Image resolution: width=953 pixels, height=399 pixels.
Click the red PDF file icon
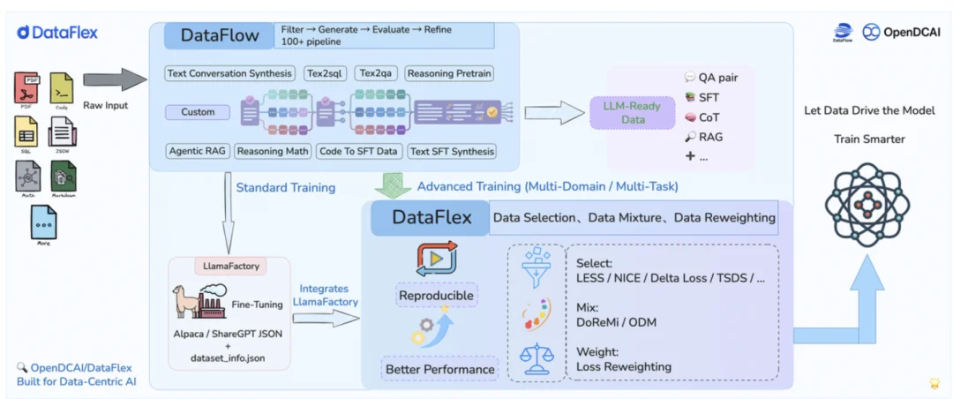pyautogui.click(x=27, y=88)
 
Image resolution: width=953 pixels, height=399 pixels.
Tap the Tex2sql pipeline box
pyautogui.click(x=326, y=73)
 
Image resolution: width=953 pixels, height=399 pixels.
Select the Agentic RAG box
pyautogui.click(x=198, y=151)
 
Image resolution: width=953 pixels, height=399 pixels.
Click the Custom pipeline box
pyautogui.click(x=198, y=112)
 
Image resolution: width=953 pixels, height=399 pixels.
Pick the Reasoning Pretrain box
pyautogui.click(x=449, y=73)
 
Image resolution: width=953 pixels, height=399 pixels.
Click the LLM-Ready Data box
pyautogui.click(x=632, y=113)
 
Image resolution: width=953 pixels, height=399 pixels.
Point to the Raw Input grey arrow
pyautogui.click(x=115, y=80)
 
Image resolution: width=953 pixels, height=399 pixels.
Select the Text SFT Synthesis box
pyautogui.click(x=452, y=151)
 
